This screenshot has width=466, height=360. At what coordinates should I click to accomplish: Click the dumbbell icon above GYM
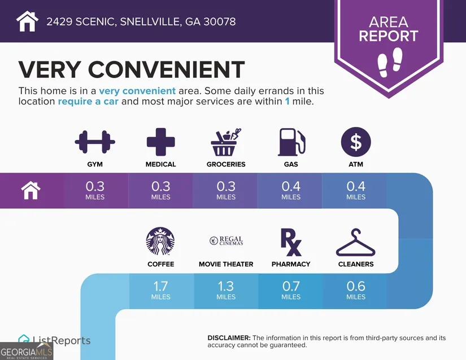tap(95, 142)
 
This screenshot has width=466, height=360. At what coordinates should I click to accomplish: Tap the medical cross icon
tap(161, 142)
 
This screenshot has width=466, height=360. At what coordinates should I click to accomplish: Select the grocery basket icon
tap(226, 142)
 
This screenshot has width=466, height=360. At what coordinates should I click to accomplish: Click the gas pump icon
tap(291, 142)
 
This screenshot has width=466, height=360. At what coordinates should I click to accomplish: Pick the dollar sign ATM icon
tap(356, 142)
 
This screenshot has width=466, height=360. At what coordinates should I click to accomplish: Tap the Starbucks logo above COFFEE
tap(160, 242)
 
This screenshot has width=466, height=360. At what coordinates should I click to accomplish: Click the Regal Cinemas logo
tap(226, 241)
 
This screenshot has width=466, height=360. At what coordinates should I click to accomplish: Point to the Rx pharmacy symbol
tap(291, 242)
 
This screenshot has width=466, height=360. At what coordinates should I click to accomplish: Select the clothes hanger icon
tap(356, 242)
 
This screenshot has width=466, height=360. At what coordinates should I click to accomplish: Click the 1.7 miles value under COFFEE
tap(161, 291)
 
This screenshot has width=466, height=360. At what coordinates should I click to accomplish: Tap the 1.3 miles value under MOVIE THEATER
tap(226, 291)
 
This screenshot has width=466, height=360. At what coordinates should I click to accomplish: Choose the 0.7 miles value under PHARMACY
tap(291, 291)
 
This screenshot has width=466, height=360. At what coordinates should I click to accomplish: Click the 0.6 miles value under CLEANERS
tap(356, 291)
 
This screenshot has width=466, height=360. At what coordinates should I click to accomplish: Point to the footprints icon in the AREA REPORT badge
tap(390, 62)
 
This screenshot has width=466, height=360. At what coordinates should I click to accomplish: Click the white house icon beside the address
tap(27, 21)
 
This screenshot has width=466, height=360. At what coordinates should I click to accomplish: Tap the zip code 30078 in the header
tap(220, 21)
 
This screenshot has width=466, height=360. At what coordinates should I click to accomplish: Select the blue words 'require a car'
tap(88, 102)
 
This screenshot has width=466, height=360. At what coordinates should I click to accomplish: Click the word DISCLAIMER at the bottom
tap(229, 338)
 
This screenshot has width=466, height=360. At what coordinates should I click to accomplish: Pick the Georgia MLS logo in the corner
tap(27, 351)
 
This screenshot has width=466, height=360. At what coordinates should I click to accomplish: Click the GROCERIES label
tap(226, 164)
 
